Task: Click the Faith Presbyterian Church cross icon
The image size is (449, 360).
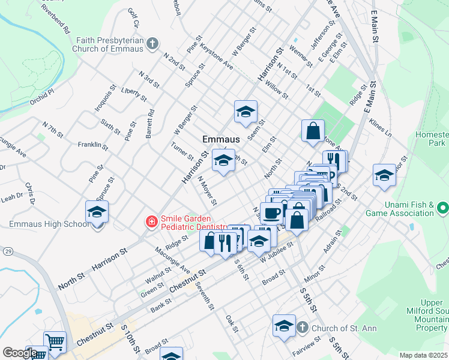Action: (152, 43)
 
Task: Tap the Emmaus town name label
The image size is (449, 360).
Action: (221, 139)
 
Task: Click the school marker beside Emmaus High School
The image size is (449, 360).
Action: (97, 212)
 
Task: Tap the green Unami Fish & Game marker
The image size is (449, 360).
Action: (443, 209)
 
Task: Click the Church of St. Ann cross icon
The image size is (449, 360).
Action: (303, 328)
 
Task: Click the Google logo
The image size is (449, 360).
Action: (20, 353)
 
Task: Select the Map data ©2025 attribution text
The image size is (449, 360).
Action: (424, 355)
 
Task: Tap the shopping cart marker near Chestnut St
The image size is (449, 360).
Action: (55, 342)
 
